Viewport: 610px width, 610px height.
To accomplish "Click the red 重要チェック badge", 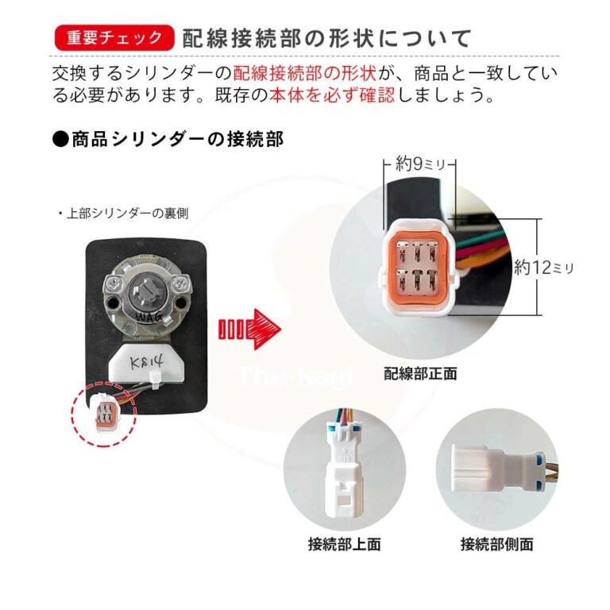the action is tap(114, 38).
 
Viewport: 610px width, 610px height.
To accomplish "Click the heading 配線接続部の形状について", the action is tap(327, 38).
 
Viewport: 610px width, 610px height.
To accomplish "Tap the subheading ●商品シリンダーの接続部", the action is tap(168, 139).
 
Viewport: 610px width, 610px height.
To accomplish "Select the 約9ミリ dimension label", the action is tap(419, 164).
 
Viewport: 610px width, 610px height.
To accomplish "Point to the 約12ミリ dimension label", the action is tap(544, 267).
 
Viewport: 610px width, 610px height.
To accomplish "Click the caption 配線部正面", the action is tap(420, 373).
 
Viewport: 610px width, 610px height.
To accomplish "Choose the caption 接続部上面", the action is tap(344, 543).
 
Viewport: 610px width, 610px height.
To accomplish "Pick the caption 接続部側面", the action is tap(496, 543).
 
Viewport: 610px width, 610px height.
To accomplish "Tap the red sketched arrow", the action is tap(249, 329).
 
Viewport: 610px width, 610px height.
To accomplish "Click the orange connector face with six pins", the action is tap(418, 268).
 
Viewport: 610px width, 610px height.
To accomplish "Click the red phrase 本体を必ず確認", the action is tap(332, 95).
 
